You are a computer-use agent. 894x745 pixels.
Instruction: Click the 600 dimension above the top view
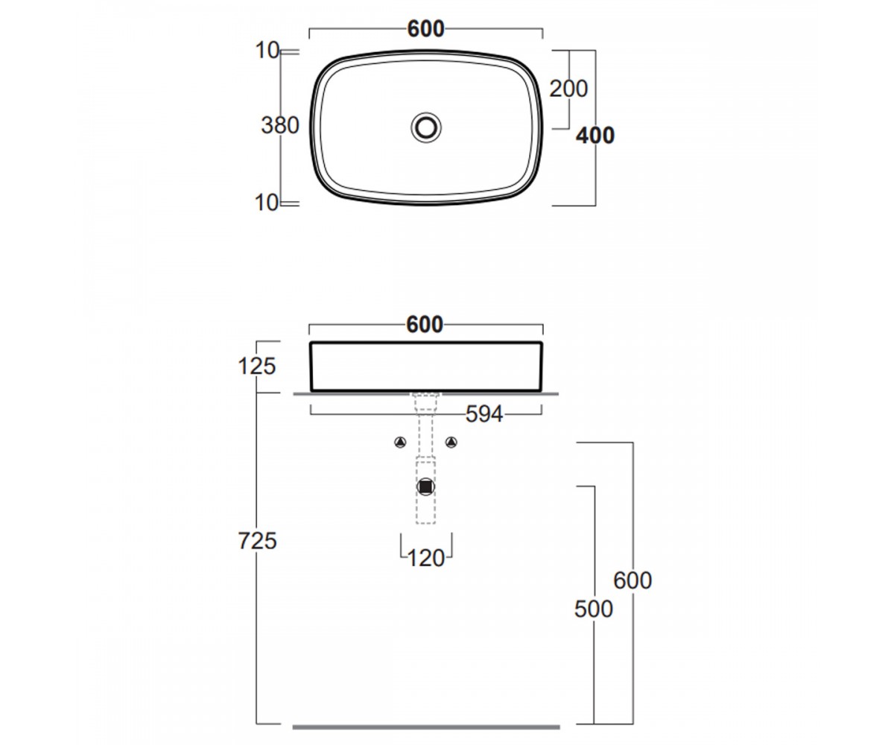click(425, 29)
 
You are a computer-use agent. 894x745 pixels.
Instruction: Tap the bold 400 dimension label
click(595, 136)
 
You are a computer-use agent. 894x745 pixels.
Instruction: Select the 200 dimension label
click(568, 89)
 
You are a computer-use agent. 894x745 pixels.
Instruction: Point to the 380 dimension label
click(280, 125)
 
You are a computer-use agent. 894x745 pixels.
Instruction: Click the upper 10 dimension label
click(267, 51)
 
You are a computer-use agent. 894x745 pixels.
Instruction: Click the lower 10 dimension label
click(266, 203)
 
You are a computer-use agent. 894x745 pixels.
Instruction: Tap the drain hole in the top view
click(426, 127)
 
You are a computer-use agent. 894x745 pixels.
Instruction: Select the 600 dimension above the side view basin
click(425, 325)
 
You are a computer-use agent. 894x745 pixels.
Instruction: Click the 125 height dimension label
click(256, 367)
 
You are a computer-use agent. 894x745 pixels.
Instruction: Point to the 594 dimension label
click(484, 414)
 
